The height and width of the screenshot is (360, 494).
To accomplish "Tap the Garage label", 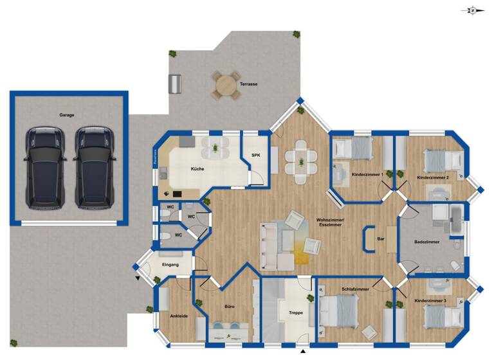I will click(x=67, y=116).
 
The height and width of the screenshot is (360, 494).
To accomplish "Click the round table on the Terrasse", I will click(x=226, y=84).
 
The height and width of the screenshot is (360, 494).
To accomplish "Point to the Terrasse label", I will click(x=250, y=84).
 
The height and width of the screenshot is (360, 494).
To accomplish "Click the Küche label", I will click(x=197, y=169).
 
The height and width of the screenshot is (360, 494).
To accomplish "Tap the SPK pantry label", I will click(x=255, y=156).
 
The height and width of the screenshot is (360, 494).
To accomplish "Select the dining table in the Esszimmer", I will click(x=301, y=159).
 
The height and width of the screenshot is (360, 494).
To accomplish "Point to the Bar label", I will click(x=381, y=239).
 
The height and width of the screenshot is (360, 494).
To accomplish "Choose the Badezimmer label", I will click(x=427, y=242).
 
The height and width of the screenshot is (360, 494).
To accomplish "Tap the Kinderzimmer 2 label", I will click(x=433, y=177).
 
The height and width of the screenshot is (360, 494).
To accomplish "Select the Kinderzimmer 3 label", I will click(x=430, y=301).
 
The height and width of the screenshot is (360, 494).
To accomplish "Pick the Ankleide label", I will click(x=178, y=316).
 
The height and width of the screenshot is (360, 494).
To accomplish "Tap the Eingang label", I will click(x=170, y=264).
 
